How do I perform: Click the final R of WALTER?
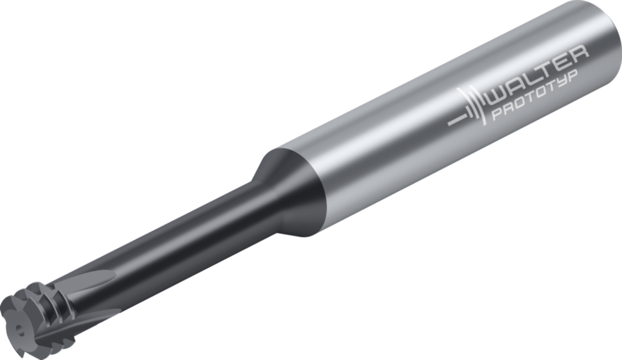coord(578,53)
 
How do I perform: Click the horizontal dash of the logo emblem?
coord(455,120)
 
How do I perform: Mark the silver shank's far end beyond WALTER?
coord(599,36)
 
